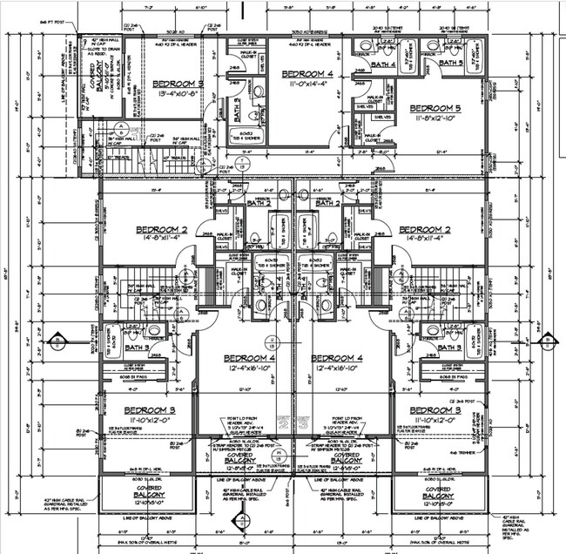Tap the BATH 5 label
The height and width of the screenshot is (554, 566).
449,63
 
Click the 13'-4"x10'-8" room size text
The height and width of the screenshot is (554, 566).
180,94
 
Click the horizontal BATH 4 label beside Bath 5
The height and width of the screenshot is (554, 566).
385,64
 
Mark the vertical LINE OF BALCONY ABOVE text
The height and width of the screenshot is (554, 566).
64,96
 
